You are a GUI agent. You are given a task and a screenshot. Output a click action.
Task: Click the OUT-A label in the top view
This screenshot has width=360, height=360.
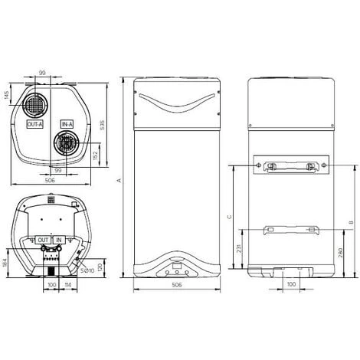(x=35, y=123)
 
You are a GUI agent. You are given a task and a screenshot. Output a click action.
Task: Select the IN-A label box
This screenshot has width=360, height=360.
(x=67, y=123)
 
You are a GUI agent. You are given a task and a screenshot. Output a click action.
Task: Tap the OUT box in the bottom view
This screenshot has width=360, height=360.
(x=43, y=240)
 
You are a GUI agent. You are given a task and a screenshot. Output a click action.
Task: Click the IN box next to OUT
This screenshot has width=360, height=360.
(x=59, y=240)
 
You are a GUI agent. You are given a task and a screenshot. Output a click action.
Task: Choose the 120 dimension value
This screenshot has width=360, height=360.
(x=103, y=268)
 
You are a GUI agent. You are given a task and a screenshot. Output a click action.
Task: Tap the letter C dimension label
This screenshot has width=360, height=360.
(x=229, y=217)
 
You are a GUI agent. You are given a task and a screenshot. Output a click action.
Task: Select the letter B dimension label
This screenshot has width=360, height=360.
(x=349, y=223)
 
